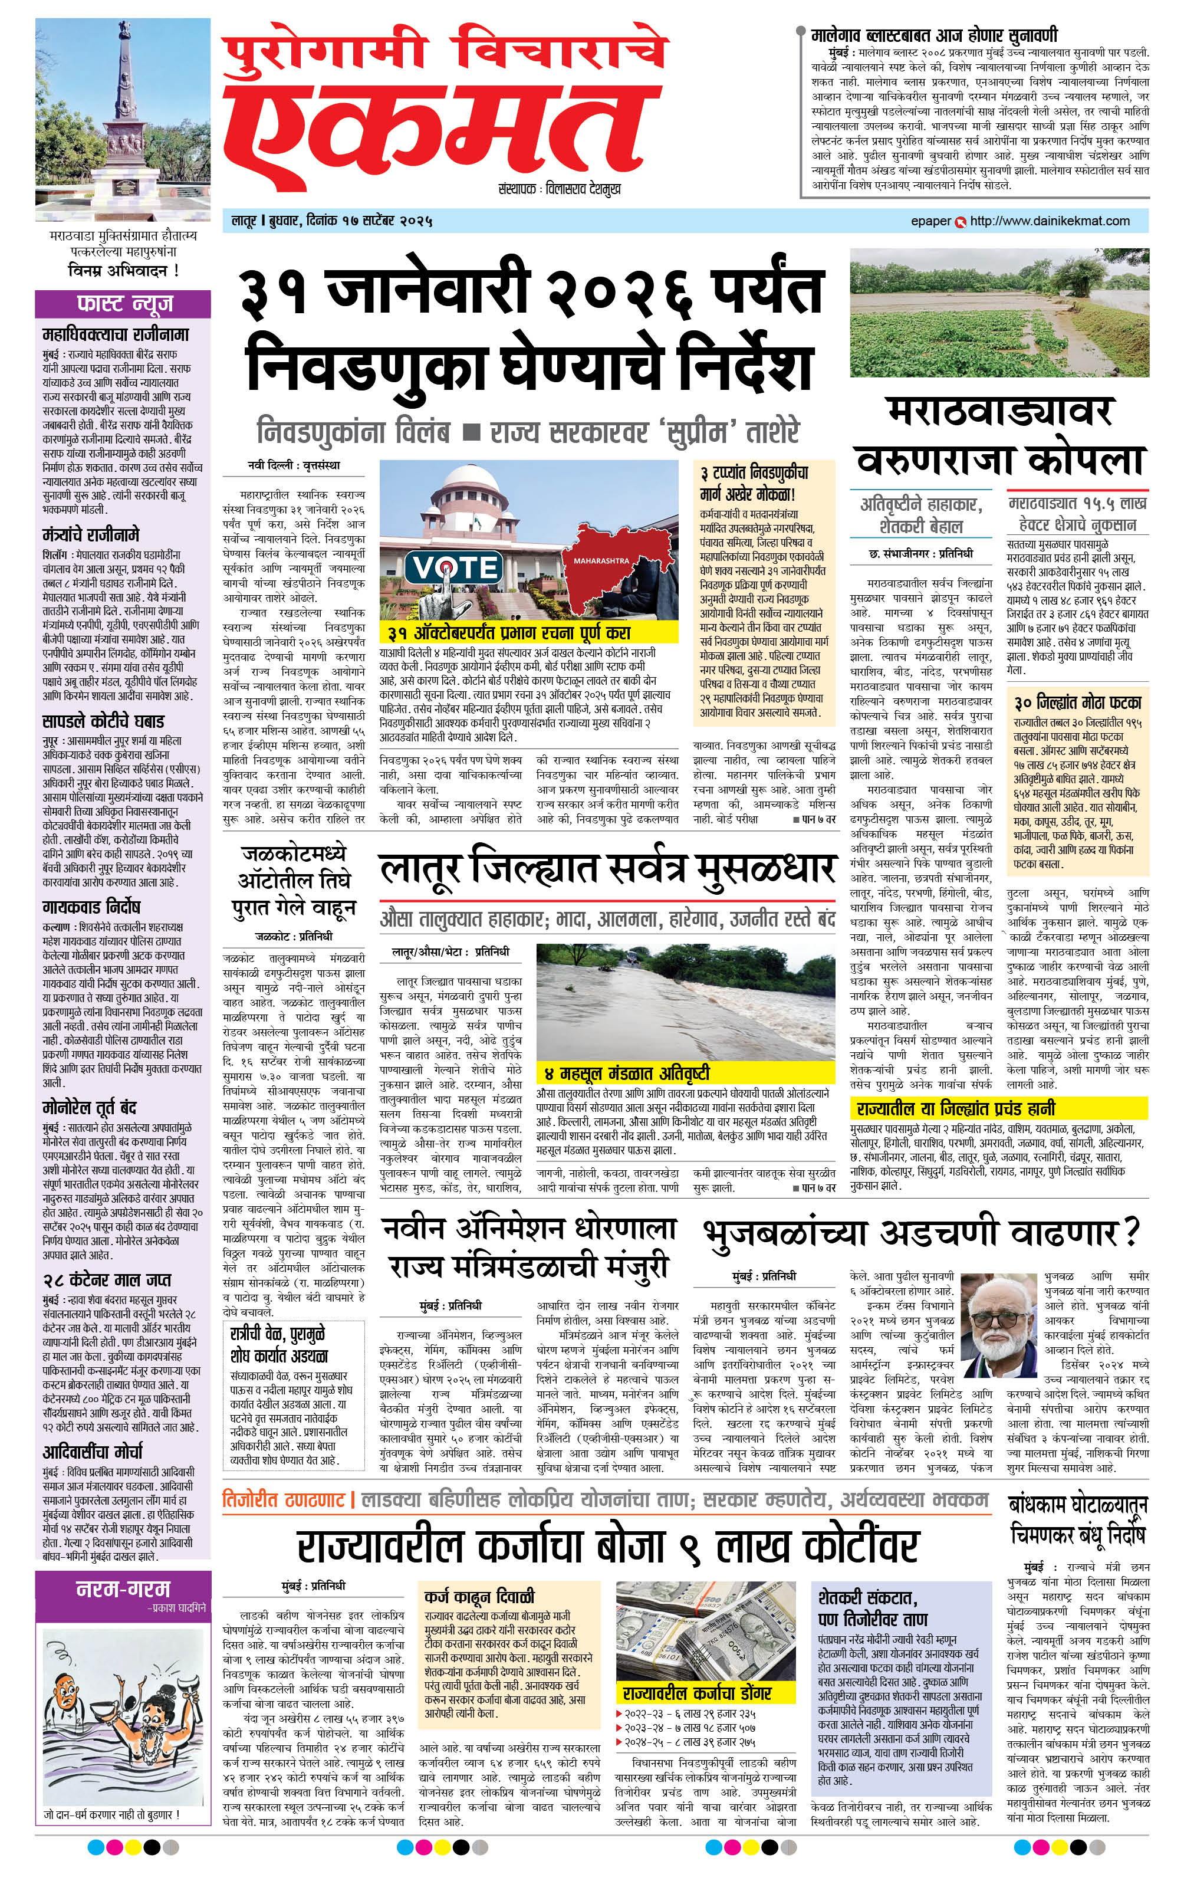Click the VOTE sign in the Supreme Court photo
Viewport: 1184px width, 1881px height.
coord(456,567)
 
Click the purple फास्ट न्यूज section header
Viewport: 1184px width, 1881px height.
coord(123,303)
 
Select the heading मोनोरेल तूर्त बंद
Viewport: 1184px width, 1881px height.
coord(90,1108)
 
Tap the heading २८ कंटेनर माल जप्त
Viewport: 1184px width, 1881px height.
coord(106,1279)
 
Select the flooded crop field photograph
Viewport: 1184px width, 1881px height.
coord(999,313)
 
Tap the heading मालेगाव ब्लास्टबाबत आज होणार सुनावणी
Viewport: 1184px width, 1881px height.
coord(934,35)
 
